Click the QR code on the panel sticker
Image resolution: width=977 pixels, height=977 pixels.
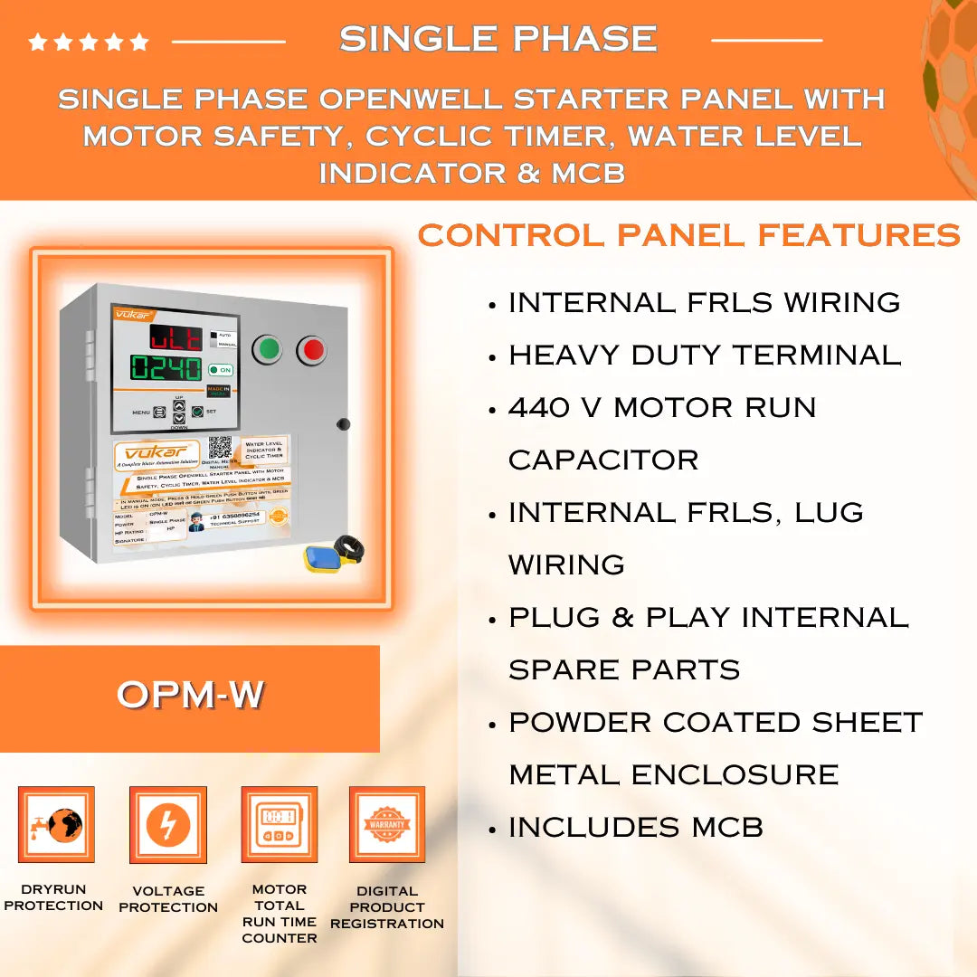pyautogui.click(x=221, y=449)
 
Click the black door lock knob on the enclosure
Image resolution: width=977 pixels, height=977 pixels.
pyautogui.click(x=343, y=424)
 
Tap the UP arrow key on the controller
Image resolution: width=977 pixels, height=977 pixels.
pyautogui.click(x=179, y=406)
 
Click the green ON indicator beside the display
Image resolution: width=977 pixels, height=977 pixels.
pyautogui.click(x=220, y=370)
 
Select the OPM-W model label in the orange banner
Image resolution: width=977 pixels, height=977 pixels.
pyautogui.click(x=190, y=695)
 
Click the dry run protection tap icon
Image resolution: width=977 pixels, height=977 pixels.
pyautogui.click(x=56, y=824)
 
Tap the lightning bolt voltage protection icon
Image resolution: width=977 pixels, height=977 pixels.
pyautogui.click(x=168, y=824)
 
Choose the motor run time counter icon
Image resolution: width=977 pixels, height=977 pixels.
pyautogui.click(x=279, y=824)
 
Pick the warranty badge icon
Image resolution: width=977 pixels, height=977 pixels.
pyautogui.click(x=387, y=824)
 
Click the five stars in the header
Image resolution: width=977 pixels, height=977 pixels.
pyautogui.click(x=89, y=42)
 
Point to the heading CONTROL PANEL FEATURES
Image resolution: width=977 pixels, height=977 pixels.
pyautogui.click(x=688, y=235)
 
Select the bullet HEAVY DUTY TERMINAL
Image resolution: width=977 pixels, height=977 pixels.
pyautogui.click(x=705, y=355)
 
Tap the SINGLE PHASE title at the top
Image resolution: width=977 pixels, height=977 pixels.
pyautogui.click(x=498, y=39)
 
